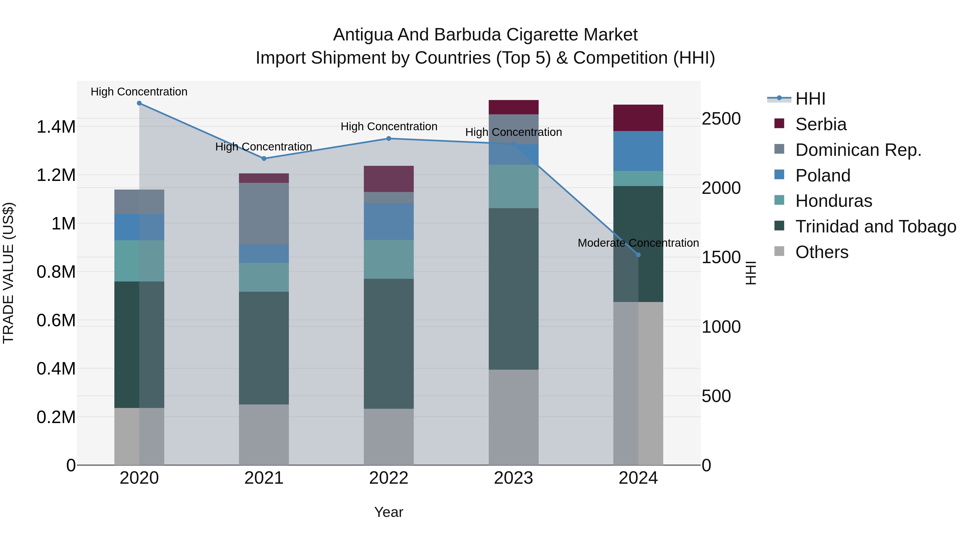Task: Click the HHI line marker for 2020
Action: tap(139, 103)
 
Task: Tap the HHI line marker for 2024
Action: tap(638, 255)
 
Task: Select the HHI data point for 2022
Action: tap(389, 138)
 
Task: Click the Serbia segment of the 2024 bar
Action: tap(638, 118)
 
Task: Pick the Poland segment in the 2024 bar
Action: tap(638, 151)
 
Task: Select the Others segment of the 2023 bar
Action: tap(513, 417)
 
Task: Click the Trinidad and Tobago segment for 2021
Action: tap(264, 348)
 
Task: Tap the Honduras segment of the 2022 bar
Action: tap(389, 259)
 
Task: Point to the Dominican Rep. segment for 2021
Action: tap(264, 213)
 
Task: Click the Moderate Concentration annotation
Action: tap(638, 243)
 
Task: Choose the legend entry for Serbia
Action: tap(820, 124)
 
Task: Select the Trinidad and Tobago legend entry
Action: tap(875, 226)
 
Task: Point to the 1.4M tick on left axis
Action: tap(56, 127)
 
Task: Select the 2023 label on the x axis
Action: tap(513, 478)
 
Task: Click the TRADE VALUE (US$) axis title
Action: tap(8, 273)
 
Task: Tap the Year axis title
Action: tap(389, 512)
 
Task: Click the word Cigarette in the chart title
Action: tap(542, 35)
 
